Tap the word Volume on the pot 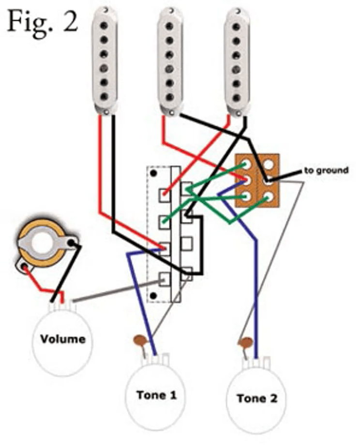coord(62,339)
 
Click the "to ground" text coord(326,170)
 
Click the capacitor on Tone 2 coord(245,343)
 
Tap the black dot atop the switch coord(154,173)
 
